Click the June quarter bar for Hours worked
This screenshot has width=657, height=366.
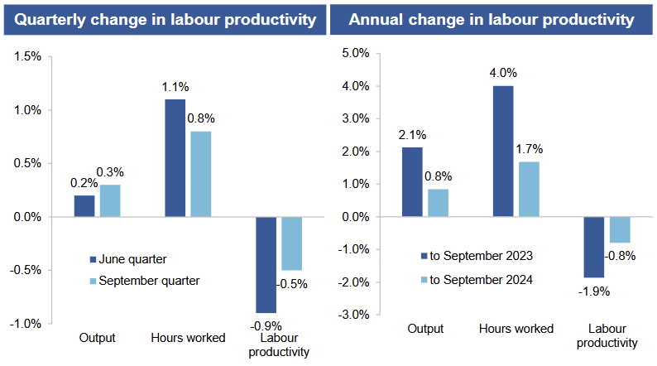click(x=175, y=158)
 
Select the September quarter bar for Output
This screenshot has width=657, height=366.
click(x=110, y=201)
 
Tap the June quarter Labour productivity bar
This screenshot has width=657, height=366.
click(x=266, y=264)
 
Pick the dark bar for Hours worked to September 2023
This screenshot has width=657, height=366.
click(x=502, y=152)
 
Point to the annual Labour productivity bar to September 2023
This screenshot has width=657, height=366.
click(x=592, y=247)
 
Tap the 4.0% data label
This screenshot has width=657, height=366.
click(x=502, y=73)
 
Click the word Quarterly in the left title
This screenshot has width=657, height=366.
click(x=50, y=18)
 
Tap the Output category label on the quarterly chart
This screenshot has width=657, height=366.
click(x=97, y=338)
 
